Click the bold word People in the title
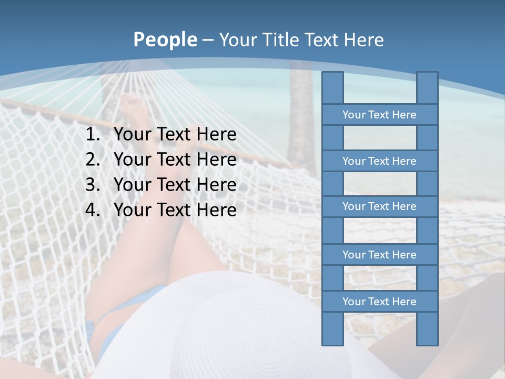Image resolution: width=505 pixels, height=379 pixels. (x=165, y=39)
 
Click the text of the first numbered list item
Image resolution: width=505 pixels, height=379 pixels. (x=175, y=135)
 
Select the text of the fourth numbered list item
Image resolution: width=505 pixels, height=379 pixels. (x=175, y=210)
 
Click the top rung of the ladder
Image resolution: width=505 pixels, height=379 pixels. (x=379, y=115)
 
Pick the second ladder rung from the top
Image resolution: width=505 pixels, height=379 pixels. (x=379, y=161)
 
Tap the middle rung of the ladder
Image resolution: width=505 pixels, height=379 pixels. (x=379, y=206)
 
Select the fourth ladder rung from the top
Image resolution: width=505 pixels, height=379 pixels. (x=379, y=255)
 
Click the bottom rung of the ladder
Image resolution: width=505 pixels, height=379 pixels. (x=379, y=302)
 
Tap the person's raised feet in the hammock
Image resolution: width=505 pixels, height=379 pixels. (x=132, y=111)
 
